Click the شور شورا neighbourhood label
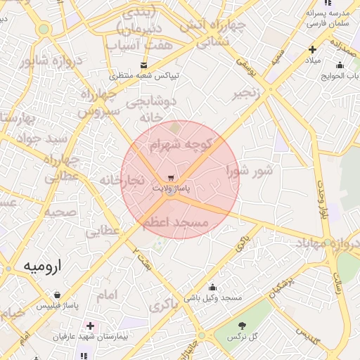click(249, 170)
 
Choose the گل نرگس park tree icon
click(243, 326)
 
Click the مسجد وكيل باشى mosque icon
click(213, 287)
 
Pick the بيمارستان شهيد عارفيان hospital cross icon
click(90, 326)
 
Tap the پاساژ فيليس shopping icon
click(56, 295)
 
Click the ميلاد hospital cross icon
click(312, 49)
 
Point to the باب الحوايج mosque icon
click(340, 65)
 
